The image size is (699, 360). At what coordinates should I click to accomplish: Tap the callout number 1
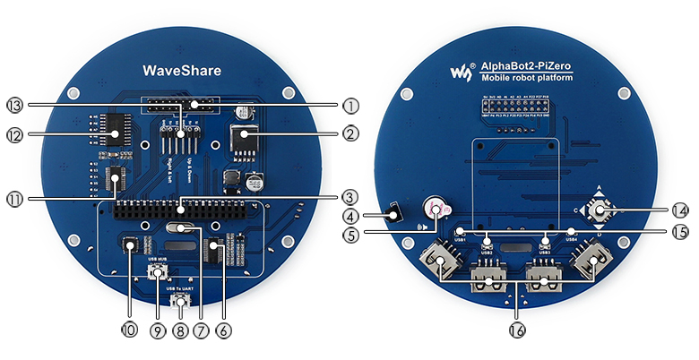click(x=350, y=105)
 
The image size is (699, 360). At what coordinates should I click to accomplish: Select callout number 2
click(x=350, y=134)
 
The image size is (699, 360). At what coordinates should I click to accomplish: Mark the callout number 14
click(x=679, y=210)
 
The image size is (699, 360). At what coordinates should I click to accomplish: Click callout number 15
click(x=679, y=231)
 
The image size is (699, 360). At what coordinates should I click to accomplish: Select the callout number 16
click(x=515, y=330)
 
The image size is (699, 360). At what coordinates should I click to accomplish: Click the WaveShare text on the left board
click(x=182, y=70)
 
